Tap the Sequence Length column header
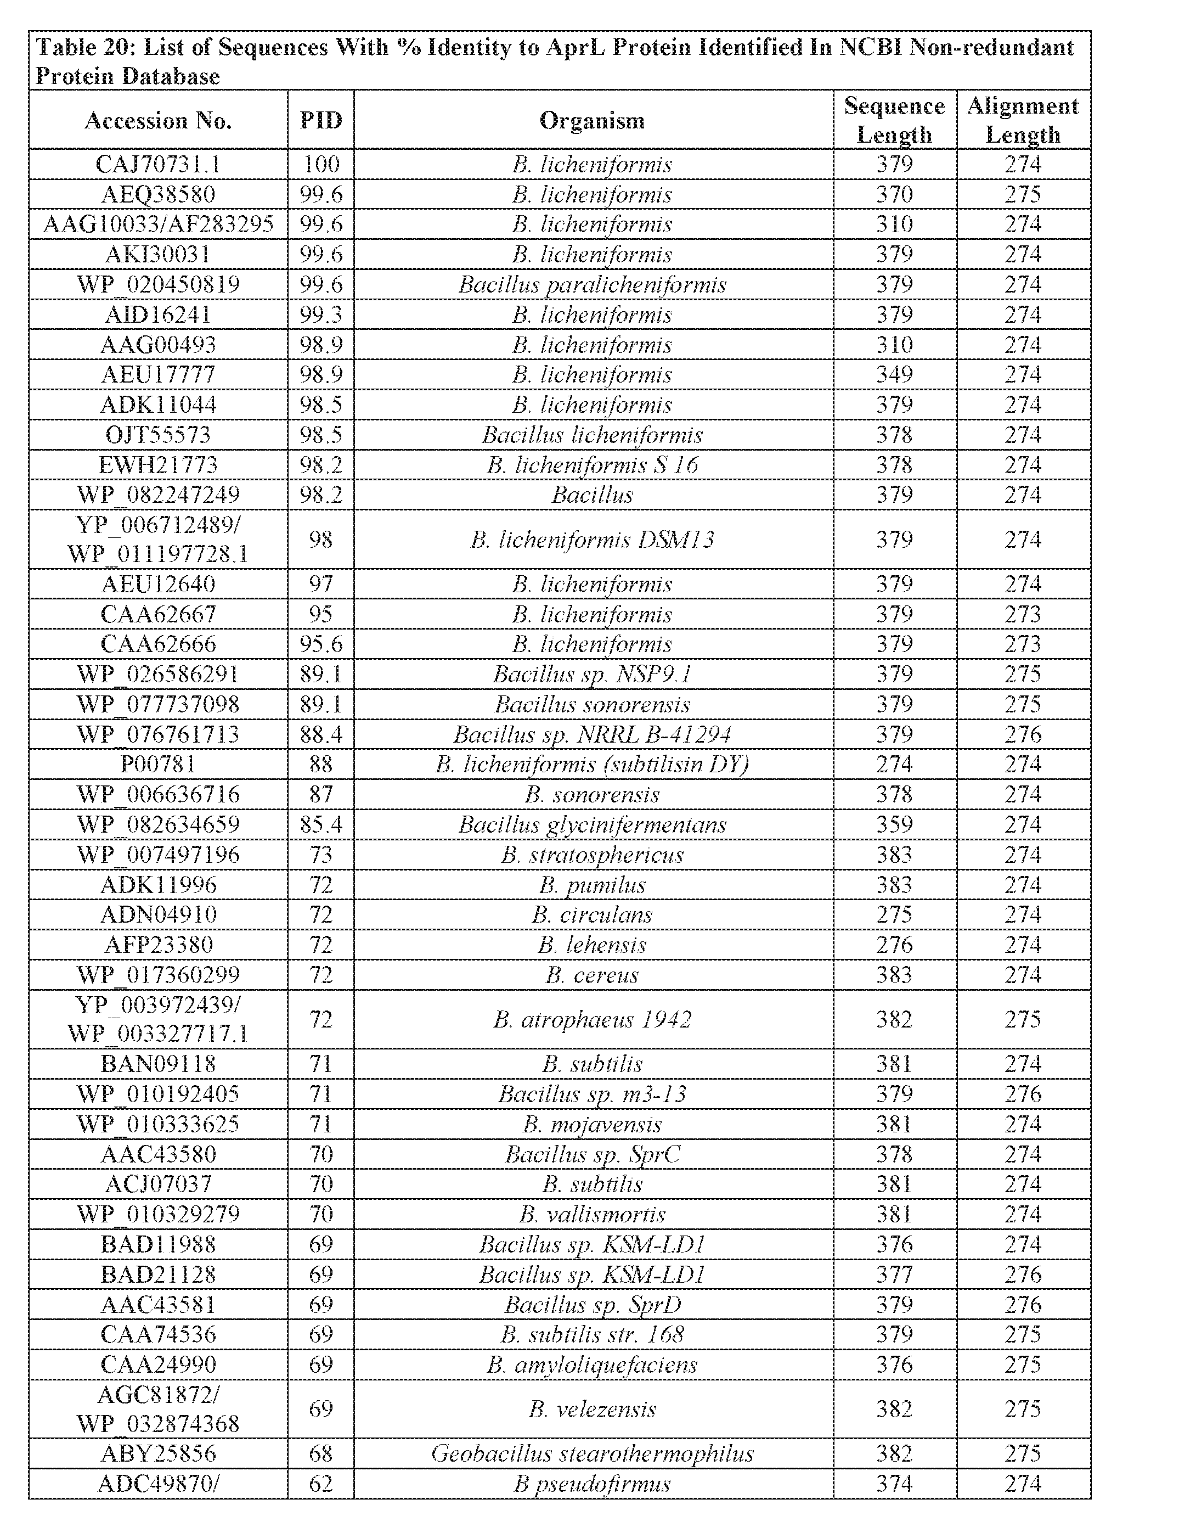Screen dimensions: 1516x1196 [x=894, y=120]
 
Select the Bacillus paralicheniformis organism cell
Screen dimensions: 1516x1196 [x=592, y=284]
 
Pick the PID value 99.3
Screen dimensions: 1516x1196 [x=321, y=315]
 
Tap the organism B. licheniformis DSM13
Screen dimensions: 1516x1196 [x=592, y=540]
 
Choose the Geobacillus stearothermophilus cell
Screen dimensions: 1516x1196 [x=592, y=1453]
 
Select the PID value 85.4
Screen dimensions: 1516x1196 [x=321, y=824]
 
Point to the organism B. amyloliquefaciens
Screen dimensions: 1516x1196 [x=592, y=1365]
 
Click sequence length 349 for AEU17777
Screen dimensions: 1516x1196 [x=894, y=374]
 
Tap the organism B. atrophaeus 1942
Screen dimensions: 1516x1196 [x=592, y=1019]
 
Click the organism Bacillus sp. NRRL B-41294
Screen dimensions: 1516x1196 [x=592, y=734]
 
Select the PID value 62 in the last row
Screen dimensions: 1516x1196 [x=321, y=1484]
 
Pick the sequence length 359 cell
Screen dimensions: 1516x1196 [x=894, y=824]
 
